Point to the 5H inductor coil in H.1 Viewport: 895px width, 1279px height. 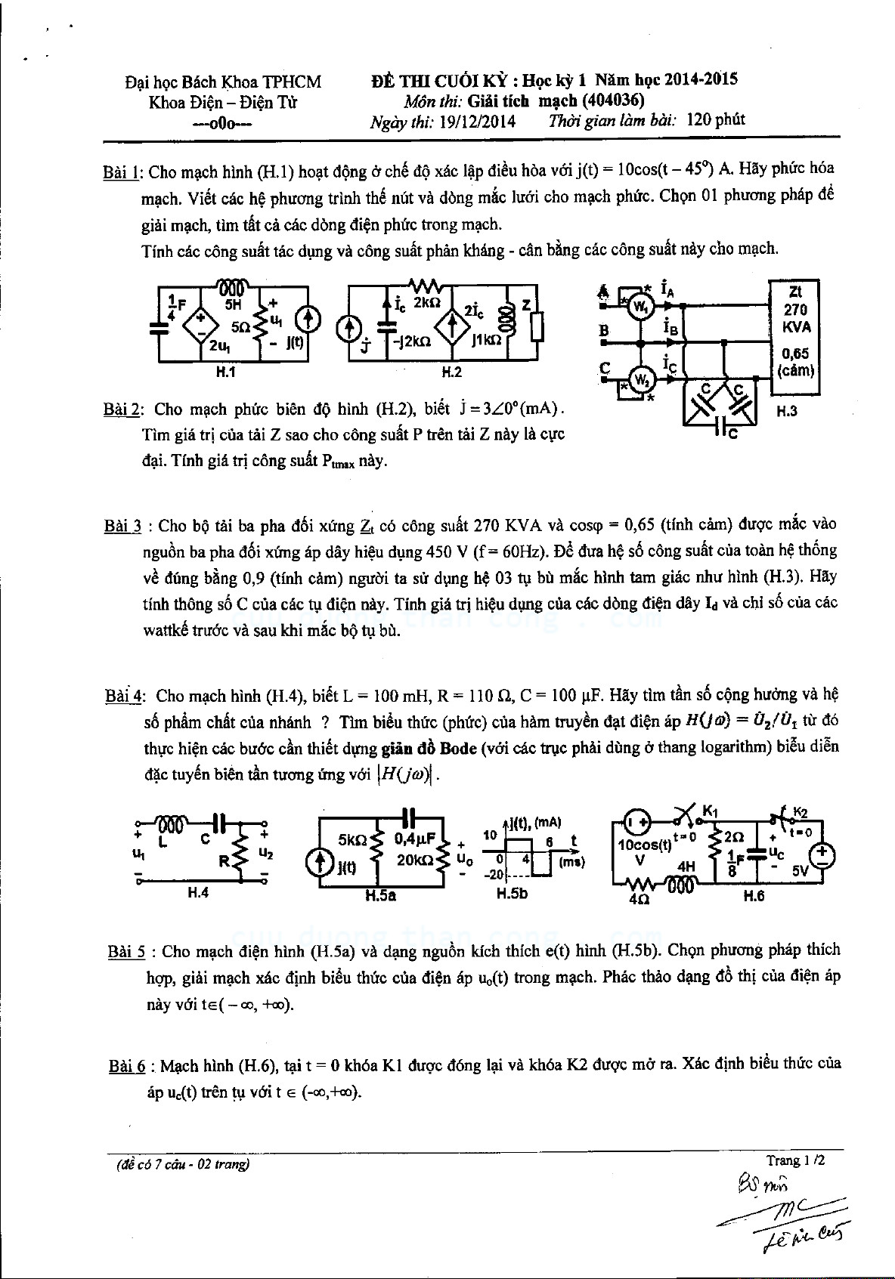(x=234, y=288)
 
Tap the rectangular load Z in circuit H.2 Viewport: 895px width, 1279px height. (x=536, y=326)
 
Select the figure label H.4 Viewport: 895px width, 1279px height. (x=197, y=893)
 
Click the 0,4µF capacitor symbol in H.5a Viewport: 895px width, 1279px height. (x=410, y=817)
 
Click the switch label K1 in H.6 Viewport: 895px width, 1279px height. (x=710, y=811)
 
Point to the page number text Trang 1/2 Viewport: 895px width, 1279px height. (x=795, y=1160)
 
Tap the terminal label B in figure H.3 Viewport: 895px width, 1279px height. (x=604, y=330)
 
